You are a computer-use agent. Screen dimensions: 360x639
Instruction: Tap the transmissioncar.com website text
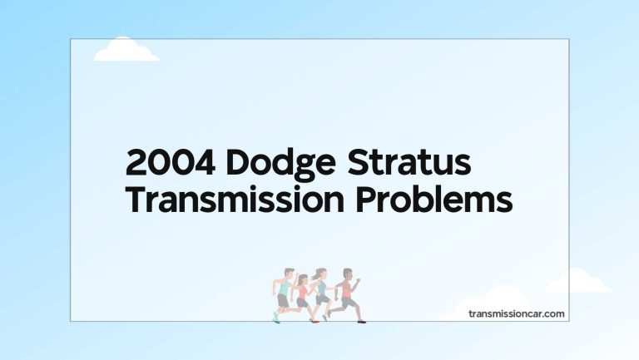pyautogui.click(x=517, y=313)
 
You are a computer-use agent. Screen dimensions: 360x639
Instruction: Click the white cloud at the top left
pyautogui.click(x=126, y=51)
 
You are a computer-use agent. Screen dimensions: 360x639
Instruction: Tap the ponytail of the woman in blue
pyautogui.click(x=315, y=275)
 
